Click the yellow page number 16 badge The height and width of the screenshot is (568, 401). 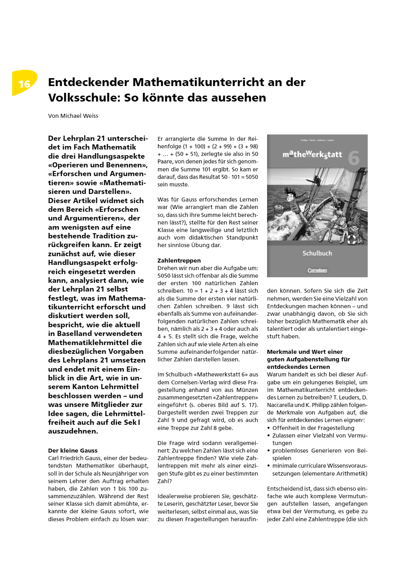point(24,83)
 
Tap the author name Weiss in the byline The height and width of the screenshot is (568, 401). point(90,116)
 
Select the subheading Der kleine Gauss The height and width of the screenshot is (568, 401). point(73,451)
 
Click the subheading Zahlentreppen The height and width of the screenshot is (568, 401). point(179,261)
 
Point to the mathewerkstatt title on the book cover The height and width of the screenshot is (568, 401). point(312,154)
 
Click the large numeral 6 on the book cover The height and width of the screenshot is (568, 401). point(354,158)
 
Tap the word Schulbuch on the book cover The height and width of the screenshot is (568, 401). point(317,253)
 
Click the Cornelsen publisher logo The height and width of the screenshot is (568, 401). point(317,270)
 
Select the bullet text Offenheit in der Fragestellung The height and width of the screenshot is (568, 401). point(313,428)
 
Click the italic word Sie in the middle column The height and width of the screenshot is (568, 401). point(225,496)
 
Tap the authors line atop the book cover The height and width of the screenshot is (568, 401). point(317,140)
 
